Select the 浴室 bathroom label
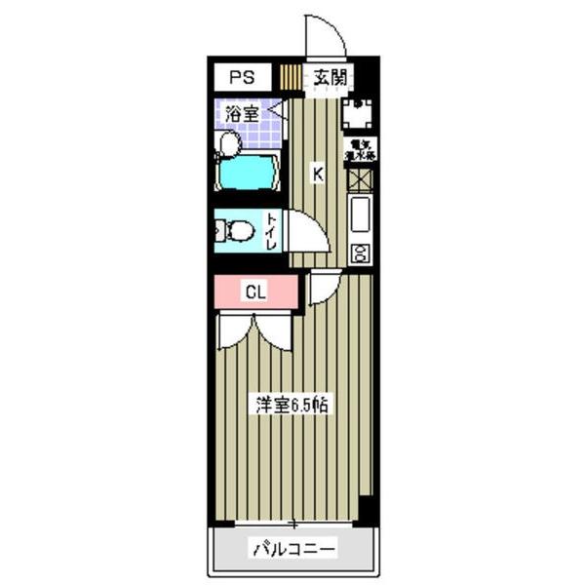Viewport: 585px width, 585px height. (x=242, y=113)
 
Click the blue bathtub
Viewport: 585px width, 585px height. (x=249, y=174)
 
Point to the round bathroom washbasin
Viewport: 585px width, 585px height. (x=229, y=143)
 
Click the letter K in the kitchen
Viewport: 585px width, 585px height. (x=317, y=175)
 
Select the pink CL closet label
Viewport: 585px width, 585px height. (x=254, y=291)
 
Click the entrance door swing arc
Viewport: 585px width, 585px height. (x=327, y=34)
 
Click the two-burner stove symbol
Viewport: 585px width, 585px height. (x=360, y=253)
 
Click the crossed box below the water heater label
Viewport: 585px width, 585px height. (x=360, y=178)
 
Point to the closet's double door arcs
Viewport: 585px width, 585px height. (x=255, y=331)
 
